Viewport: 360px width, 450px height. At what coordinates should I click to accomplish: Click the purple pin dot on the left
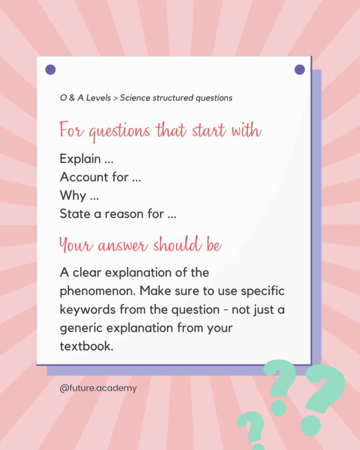click(51, 69)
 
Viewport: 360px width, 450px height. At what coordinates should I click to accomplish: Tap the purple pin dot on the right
click(300, 69)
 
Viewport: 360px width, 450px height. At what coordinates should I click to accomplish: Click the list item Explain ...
click(80, 159)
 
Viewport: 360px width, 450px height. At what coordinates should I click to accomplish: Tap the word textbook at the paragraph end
click(87, 346)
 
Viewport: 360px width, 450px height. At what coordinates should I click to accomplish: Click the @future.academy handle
click(98, 388)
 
